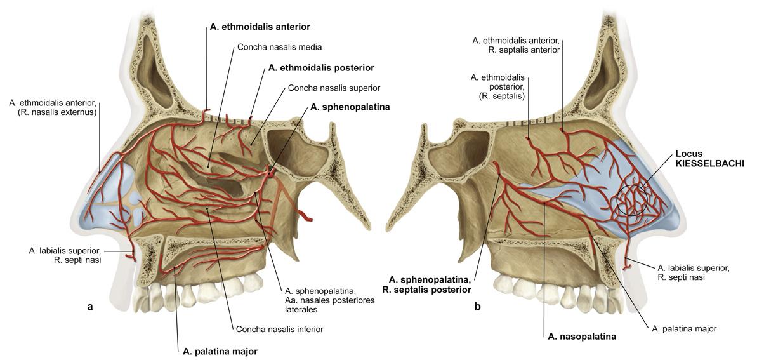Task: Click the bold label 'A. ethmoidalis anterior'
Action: click(x=264, y=27)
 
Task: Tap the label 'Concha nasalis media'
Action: click(x=279, y=47)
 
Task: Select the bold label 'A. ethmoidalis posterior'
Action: click(x=321, y=67)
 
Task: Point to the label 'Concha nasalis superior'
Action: click(x=334, y=88)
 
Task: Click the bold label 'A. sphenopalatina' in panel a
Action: click(x=350, y=107)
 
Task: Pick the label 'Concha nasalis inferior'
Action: click(x=280, y=329)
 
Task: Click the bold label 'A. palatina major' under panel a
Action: click(x=220, y=350)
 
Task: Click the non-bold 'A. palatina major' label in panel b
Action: click(x=684, y=329)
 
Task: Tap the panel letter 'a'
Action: click(x=89, y=307)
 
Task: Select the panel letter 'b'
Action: click(x=477, y=307)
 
